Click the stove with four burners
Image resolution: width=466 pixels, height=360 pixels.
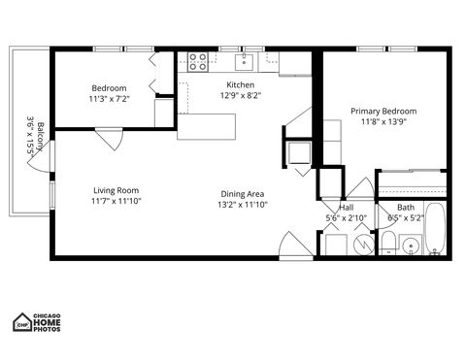tap(197, 62)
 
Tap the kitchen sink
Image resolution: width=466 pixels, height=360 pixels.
tap(245, 63)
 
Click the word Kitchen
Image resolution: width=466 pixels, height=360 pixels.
tap(240, 84)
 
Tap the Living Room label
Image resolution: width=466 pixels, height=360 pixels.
tap(116, 190)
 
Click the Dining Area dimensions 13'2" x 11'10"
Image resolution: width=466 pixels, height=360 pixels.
tap(242, 205)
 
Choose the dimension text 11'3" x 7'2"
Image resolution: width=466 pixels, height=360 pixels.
tap(109, 98)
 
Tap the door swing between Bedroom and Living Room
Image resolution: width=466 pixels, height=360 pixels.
tap(109, 139)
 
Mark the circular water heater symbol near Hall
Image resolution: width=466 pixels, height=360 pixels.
tap(361, 245)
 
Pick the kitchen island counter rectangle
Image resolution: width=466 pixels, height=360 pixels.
tap(207, 126)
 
